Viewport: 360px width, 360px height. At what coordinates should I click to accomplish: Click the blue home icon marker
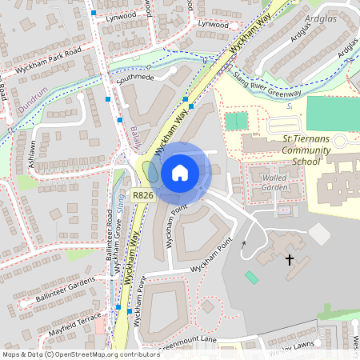tap(180, 172)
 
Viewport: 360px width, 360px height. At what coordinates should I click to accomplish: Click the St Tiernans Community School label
tap(294, 150)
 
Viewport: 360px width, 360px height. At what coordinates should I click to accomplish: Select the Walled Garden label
tap(274, 182)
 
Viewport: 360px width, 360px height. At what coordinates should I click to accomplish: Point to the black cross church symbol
tap(290, 259)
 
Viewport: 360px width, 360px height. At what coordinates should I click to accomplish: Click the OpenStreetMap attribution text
tap(81, 354)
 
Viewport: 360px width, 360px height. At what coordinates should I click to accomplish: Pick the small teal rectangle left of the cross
tap(252, 277)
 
